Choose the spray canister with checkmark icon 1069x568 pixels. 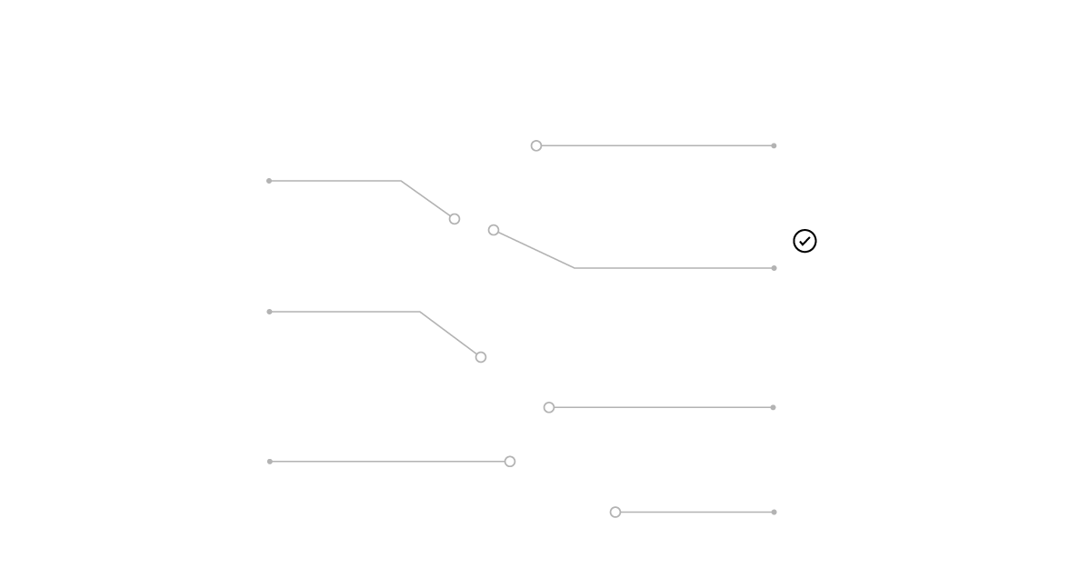[803, 226]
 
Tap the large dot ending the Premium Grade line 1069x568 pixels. [510, 462]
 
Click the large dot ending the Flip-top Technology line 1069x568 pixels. [536, 145]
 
